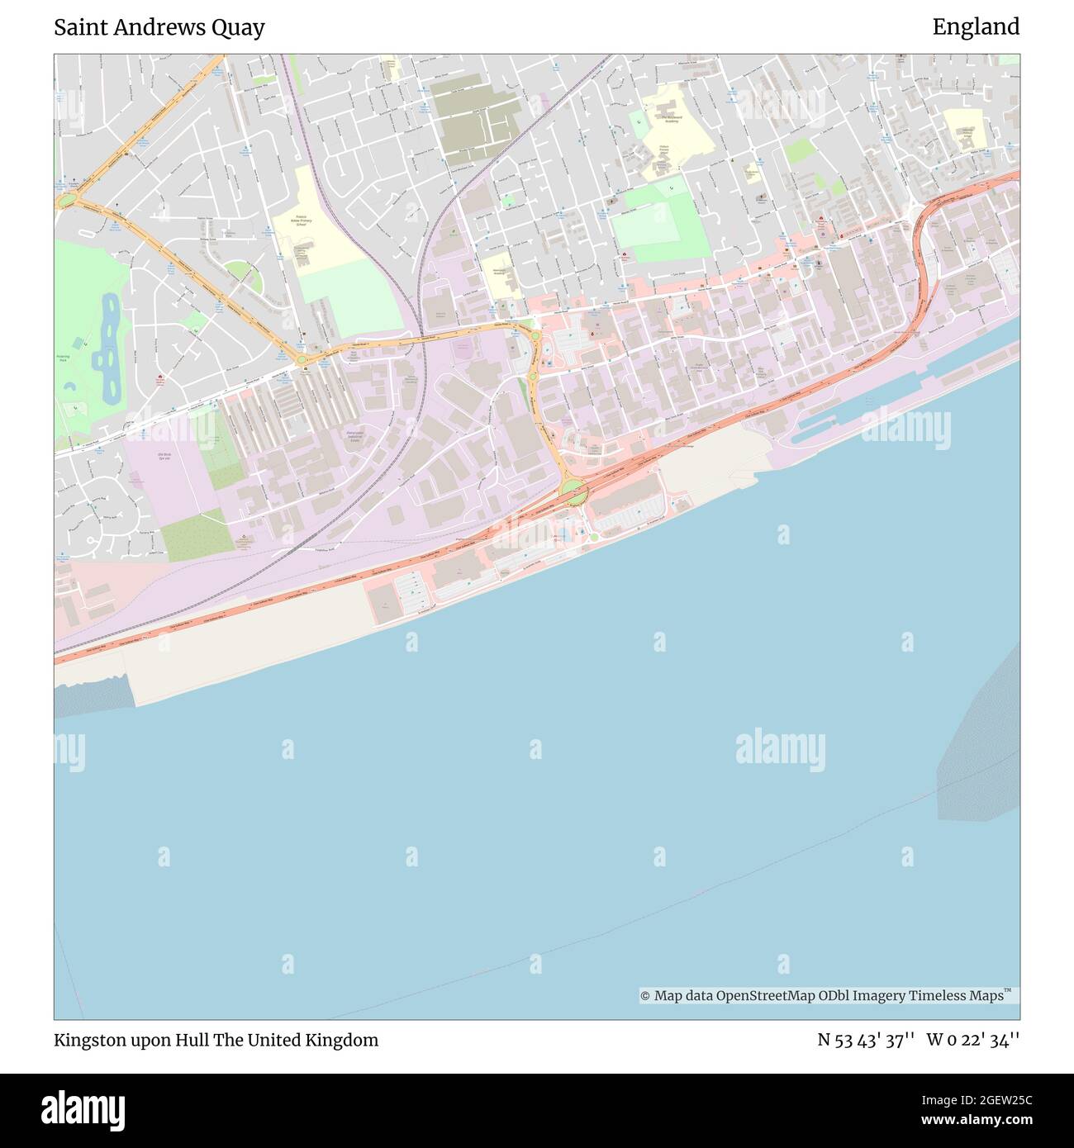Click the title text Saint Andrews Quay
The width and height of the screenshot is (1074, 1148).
click(159, 27)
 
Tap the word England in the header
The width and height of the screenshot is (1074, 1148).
click(976, 27)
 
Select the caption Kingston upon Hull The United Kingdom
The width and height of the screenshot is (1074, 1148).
click(216, 1040)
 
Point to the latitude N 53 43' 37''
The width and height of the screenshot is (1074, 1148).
click(865, 1040)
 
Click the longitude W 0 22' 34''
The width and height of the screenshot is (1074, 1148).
click(972, 1040)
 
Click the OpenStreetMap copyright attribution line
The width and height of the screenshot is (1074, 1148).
click(826, 996)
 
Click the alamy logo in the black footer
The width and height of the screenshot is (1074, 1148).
click(83, 1109)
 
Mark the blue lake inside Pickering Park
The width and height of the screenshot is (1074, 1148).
click(107, 347)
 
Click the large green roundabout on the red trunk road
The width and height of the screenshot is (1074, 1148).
click(573, 493)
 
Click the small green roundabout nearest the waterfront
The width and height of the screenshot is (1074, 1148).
click(593, 538)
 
